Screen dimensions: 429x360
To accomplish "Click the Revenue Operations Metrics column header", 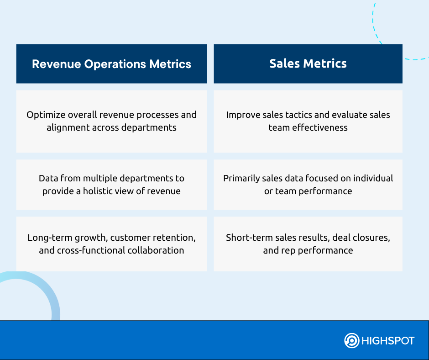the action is pos(111,64).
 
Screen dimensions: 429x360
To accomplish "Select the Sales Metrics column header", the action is pos(308,64).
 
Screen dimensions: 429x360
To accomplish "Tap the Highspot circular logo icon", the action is pos(351,340).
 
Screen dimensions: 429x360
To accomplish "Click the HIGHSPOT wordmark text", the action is pos(388,341).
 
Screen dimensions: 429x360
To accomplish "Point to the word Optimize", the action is pos(46,115).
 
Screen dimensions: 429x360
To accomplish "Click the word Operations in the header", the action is pos(115,64).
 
